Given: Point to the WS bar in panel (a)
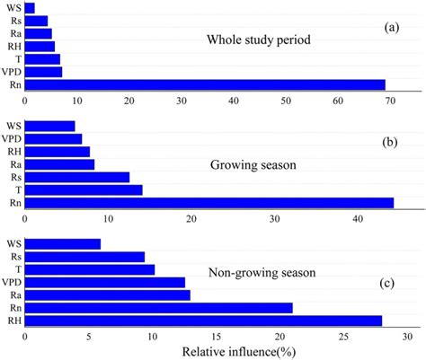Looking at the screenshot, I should point(30,8).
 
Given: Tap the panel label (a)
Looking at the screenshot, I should point(391,27).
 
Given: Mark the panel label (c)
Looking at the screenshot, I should point(388,284).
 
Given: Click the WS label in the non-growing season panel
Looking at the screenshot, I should point(13,243).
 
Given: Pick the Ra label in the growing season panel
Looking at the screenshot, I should point(13,164).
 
